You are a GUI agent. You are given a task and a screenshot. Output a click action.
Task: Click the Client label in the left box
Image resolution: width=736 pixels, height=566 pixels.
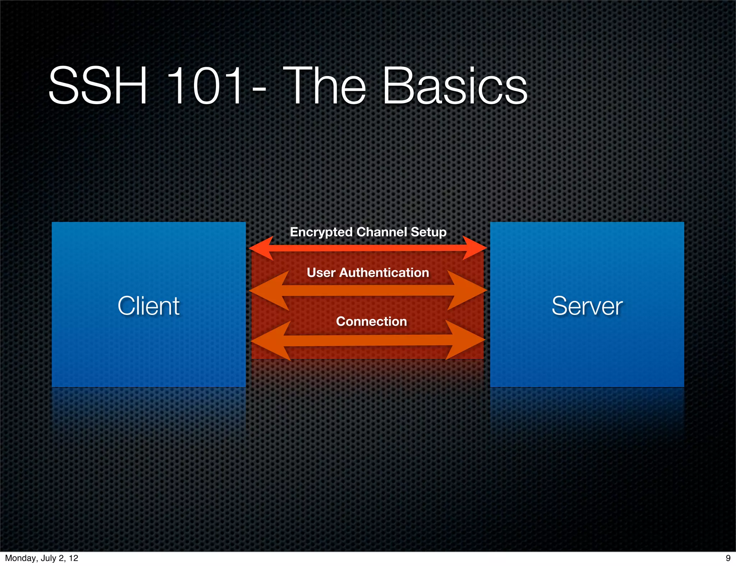click(148, 306)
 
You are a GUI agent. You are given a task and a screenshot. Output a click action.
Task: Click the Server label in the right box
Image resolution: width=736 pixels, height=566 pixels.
click(587, 306)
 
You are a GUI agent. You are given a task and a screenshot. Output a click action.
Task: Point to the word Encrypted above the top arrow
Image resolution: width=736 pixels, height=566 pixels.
click(321, 232)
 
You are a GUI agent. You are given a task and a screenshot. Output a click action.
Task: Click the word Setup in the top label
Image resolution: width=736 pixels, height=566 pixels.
click(428, 232)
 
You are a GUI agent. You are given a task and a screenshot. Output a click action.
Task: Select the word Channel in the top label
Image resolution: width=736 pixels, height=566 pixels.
click(382, 232)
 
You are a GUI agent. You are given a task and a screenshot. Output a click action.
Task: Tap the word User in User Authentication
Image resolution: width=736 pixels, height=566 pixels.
click(321, 273)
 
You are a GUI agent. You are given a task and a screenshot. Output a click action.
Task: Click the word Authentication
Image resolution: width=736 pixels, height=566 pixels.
click(384, 273)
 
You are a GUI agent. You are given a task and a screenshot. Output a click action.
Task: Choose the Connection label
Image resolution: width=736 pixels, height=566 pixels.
click(371, 321)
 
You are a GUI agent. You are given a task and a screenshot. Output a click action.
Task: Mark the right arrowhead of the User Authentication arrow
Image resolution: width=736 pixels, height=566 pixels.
click(467, 290)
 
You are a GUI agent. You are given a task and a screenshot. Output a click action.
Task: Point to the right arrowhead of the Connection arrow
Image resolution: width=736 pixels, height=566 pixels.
click(465, 340)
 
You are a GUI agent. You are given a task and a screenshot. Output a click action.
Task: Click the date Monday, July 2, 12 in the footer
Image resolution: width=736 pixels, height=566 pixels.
click(42, 558)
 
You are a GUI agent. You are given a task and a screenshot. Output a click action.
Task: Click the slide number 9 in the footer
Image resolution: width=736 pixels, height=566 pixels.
click(728, 558)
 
